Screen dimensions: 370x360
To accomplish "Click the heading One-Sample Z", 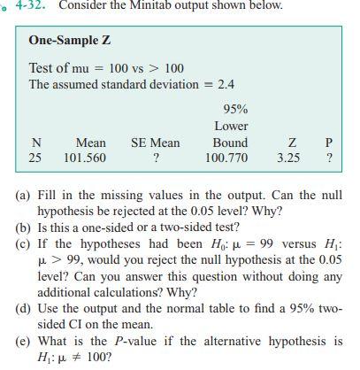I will point(69,41).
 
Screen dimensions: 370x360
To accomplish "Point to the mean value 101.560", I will point(85,158).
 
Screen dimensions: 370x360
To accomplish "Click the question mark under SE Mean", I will point(156,158).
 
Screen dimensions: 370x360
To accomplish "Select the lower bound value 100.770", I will point(226,158).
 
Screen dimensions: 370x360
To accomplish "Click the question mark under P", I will point(329,158).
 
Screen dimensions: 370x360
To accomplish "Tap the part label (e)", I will point(23,341).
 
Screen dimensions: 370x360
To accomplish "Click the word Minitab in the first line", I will point(150,5).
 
